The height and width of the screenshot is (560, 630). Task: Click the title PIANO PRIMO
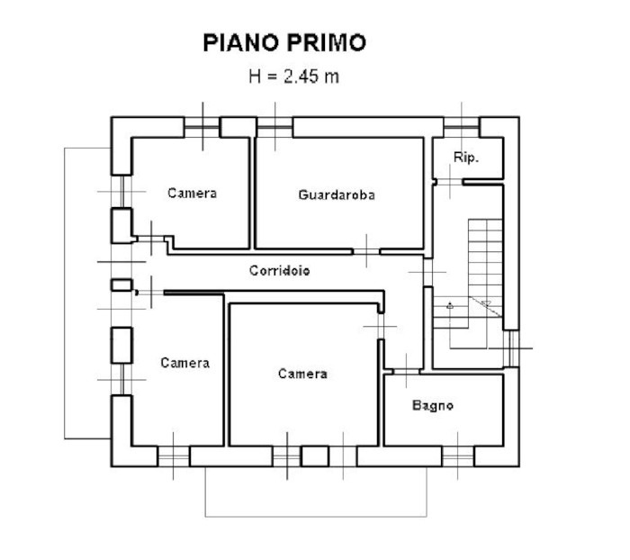click(x=284, y=42)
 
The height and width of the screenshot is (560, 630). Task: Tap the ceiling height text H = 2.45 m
click(x=293, y=76)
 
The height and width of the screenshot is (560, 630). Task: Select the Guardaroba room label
click(x=337, y=195)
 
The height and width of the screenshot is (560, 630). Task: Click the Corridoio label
click(x=280, y=271)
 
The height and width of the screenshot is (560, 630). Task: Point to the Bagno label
click(x=433, y=405)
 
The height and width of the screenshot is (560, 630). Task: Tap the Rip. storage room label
click(x=466, y=158)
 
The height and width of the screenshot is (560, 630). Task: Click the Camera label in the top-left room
click(x=192, y=194)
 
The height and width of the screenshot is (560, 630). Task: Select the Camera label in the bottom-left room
click(x=185, y=363)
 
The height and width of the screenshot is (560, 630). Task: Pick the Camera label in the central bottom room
click(x=302, y=374)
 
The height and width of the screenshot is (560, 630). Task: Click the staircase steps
click(x=485, y=268)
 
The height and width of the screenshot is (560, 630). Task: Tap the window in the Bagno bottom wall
click(x=458, y=456)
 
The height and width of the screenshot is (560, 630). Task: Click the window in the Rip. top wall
click(x=462, y=127)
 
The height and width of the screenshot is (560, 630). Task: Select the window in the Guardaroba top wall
click(x=274, y=127)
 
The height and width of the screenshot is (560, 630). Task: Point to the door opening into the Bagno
click(x=406, y=372)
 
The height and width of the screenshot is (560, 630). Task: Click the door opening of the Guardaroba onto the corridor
click(x=366, y=252)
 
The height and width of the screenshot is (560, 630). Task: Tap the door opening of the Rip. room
click(x=450, y=182)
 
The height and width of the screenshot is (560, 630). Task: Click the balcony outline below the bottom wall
click(x=316, y=516)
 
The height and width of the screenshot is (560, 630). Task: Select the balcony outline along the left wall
click(x=65, y=294)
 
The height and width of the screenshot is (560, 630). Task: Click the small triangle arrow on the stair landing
click(x=450, y=306)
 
